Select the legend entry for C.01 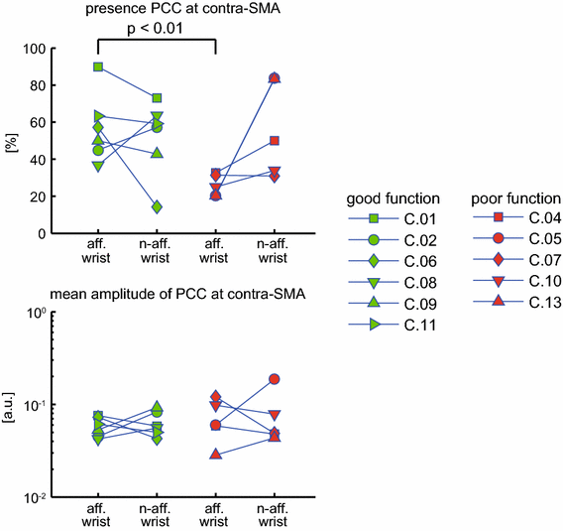[395, 217]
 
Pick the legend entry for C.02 [395, 239]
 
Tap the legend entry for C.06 [395, 260]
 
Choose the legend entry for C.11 [395, 325]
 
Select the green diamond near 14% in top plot [157, 207]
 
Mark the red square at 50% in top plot [274, 141]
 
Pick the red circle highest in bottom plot [274, 379]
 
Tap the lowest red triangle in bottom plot [216, 454]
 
